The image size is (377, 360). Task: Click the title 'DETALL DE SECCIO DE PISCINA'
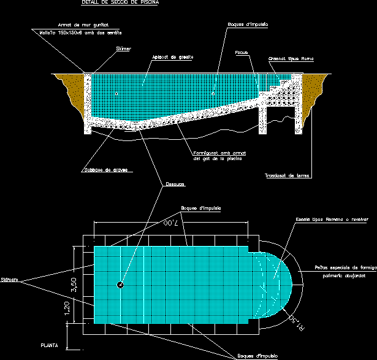(120, 3)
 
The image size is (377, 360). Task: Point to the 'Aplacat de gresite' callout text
(173, 57)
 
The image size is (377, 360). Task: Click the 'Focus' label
(241, 53)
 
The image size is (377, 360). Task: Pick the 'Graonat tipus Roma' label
(291, 59)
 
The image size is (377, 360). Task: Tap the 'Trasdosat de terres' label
(288, 175)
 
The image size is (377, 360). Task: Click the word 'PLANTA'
(49, 345)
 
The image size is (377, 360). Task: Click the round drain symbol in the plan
(121, 285)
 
